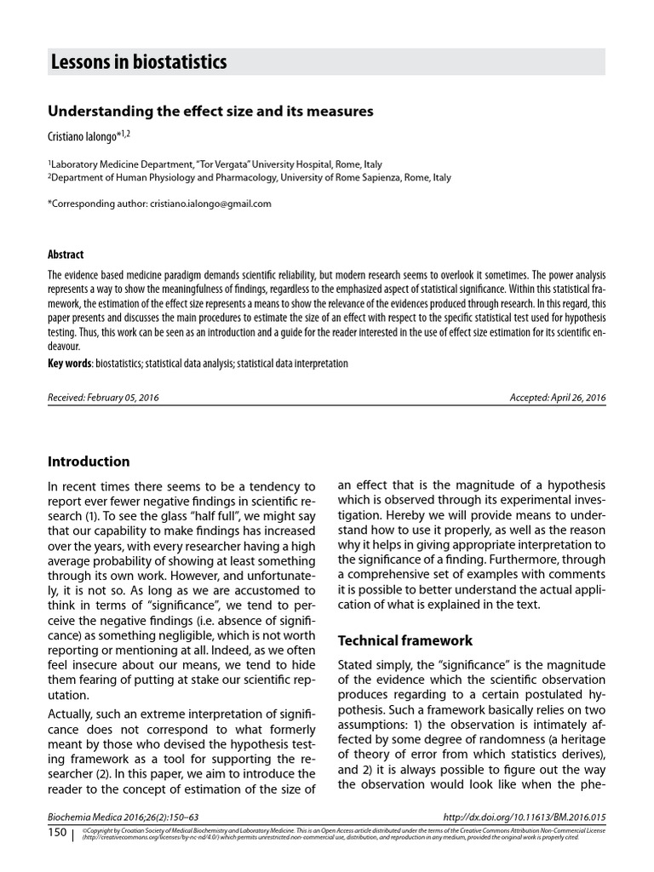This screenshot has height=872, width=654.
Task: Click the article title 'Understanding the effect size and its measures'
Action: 210,111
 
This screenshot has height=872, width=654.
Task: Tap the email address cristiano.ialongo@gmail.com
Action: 210,204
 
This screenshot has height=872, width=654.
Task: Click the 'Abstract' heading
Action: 66,255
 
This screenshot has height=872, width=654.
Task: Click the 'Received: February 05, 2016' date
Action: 103,398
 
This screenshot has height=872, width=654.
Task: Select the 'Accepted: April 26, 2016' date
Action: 557,398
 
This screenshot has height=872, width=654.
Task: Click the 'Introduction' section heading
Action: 89,462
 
